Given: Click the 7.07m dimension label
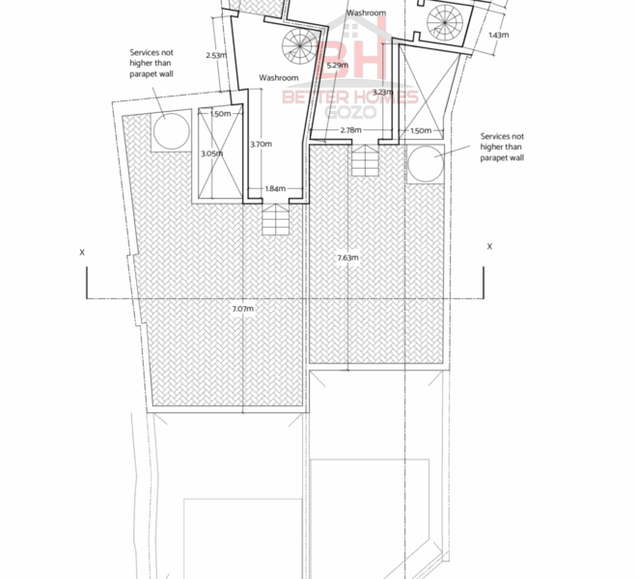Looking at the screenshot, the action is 243,309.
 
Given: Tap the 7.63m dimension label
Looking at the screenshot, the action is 348,258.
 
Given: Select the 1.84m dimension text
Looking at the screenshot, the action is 275,188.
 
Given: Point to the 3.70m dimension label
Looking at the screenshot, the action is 261,144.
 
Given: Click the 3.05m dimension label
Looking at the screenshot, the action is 212,153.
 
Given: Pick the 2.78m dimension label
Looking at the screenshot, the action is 350,130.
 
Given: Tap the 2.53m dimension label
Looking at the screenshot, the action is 216,55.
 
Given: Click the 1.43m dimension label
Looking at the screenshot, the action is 498,35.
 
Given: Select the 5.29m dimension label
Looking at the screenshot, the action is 337,65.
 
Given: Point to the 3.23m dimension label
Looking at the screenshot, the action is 383,93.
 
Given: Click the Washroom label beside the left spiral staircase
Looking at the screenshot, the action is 279,77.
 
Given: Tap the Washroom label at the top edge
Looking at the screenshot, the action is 366,13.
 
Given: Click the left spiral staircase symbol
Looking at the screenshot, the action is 300,45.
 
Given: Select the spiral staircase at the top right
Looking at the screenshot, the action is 445,22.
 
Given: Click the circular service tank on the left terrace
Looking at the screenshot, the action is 172,131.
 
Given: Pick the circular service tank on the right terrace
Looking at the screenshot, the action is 426,164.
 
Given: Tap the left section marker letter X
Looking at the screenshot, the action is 82,252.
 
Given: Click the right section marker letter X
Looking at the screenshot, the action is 489,246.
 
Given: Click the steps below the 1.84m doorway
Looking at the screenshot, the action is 275,219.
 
